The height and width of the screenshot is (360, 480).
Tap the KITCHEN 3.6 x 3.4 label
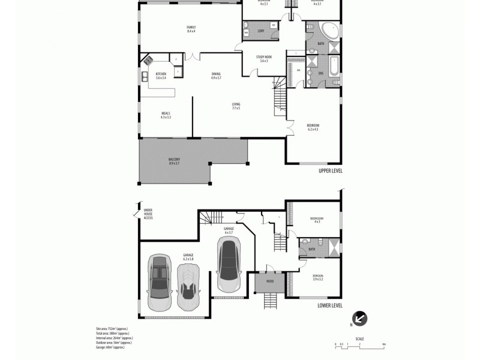161,75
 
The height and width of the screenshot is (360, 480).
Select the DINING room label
216,75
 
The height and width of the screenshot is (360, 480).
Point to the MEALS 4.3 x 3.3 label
166,115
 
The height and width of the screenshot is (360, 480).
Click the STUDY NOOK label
264,58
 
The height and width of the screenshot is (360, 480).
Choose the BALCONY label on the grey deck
175,161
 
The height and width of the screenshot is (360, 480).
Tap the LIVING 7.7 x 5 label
236,106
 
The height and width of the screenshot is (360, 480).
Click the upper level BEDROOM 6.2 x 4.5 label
313,127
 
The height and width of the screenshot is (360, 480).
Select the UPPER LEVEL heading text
330,171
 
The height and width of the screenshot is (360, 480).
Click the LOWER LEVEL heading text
329,305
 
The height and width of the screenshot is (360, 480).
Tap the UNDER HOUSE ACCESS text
148,214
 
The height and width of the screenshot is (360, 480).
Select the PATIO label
267,279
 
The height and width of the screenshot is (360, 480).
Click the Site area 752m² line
112,329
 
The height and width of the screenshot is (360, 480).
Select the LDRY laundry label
261,31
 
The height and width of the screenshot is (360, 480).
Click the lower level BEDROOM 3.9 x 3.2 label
317,278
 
